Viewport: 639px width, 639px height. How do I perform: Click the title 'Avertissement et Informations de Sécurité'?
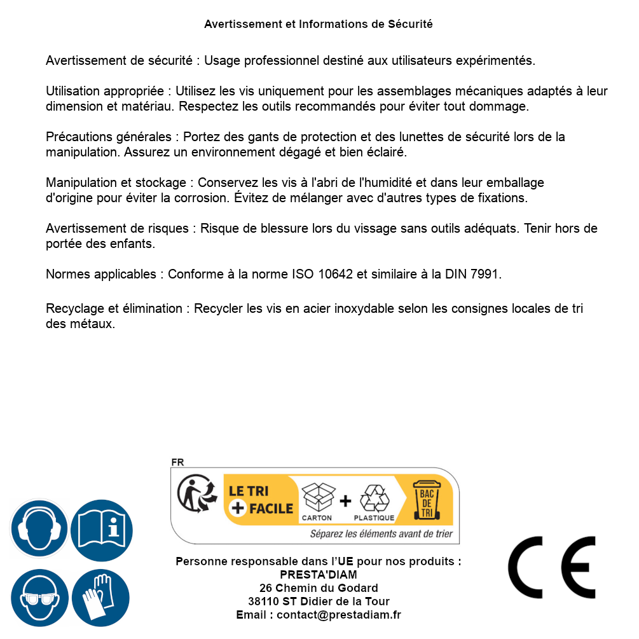point(318,24)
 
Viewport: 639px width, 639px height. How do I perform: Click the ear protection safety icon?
point(39,529)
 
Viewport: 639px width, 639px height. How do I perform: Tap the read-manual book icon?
point(102,529)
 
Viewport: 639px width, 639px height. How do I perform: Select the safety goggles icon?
point(39,598)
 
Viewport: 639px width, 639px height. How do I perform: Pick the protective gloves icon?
point(100,598)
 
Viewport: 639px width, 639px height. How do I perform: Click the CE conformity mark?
point(552,567)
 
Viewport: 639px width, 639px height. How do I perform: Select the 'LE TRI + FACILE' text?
point(261,500)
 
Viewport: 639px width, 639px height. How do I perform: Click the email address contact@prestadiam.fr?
point(338,615)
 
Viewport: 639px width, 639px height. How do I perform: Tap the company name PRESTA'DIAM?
point(319,575)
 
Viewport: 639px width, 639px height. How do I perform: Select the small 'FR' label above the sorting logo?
point(177,462)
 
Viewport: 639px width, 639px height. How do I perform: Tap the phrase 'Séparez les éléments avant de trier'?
point(381,534)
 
